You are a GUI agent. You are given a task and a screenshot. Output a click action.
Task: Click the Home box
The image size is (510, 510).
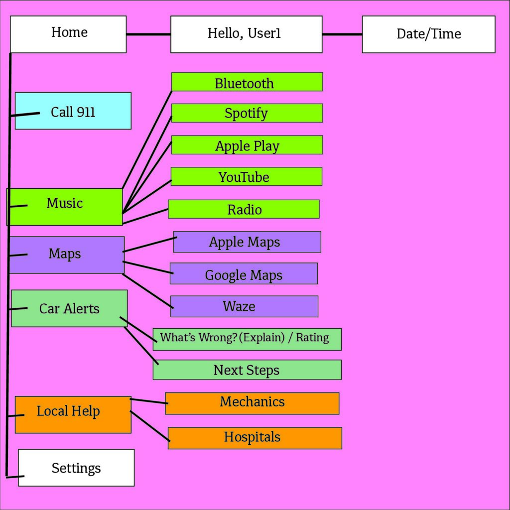[x=68, y=34]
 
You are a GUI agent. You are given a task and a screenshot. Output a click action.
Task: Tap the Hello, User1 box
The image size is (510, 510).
[x=246, y=34]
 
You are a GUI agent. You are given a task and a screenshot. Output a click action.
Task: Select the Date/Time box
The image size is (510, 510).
[x=428, y=34]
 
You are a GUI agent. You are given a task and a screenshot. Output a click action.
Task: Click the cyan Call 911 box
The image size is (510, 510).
[x=73, y=111]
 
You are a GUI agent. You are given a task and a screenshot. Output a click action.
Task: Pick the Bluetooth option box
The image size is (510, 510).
[x=247, y=82]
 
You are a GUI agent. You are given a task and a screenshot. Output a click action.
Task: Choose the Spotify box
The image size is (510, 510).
[x=247, y=113]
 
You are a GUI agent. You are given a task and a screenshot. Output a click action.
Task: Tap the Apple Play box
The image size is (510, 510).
[x=247, y=145]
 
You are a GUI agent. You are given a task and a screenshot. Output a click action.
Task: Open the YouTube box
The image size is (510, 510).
[x=246, y=177]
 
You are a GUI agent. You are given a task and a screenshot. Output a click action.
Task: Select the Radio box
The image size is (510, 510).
[x=244, y=209]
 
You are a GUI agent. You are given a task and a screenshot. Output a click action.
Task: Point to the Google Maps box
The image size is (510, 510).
[x=244, y=274]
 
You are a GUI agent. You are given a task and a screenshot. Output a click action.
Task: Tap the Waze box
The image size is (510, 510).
[x=244, y=306]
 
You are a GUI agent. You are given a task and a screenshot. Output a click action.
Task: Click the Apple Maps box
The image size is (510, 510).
[x=247, y=242]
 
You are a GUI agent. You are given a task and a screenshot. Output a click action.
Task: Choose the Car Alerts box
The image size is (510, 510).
[x=69, y=308]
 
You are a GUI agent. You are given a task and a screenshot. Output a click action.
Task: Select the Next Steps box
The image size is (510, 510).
[x=247, y=370]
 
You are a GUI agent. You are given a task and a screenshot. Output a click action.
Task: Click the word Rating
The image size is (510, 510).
[x=312, y=338]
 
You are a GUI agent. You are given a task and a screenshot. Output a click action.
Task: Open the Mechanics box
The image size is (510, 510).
[x=252, y=403]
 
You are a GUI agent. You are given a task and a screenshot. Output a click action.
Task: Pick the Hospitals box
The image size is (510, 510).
[x=255, y=438]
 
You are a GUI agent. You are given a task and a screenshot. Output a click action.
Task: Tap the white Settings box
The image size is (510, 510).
[x=76, y=468]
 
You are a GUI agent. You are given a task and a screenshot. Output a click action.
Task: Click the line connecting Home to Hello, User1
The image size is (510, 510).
[x=148, y=34]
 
